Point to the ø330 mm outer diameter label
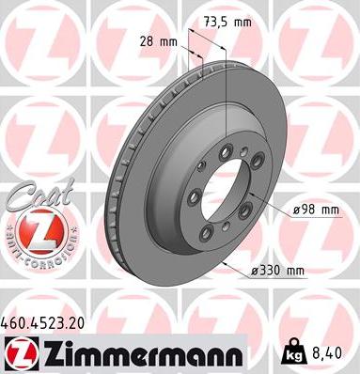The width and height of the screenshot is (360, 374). click(x=279, y=272)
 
